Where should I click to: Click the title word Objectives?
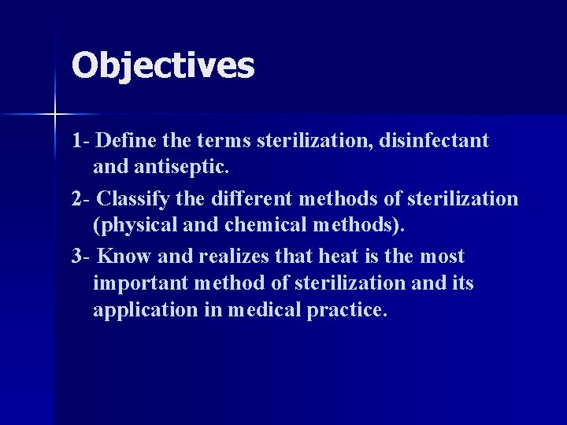pyautogui.click(x=163, y=66)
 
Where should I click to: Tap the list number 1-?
pyautogui.click(x=80, y=142)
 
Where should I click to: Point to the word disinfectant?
pyautogui.click(x=434, y=142)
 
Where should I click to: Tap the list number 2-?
pyautogui.click(x=80, y=199)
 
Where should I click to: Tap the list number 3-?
pyautogui.click(x=80, y=257)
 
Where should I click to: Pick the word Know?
pyautogui.click(x=122, y=257)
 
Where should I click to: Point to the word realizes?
pyautogui.click(x=237, y=257)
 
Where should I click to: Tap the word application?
pyautogui.click(x=139, y=309)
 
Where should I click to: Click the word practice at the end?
pyautogui.click(x=346, y=309)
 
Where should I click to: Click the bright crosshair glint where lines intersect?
pyautogui.click(x=54, y=115)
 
